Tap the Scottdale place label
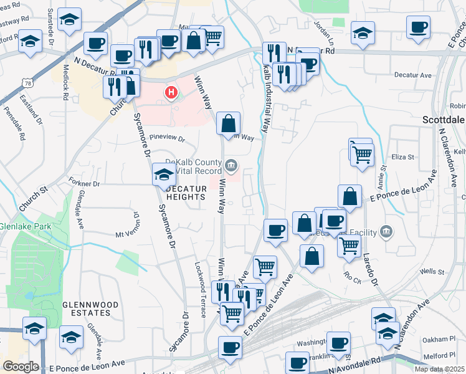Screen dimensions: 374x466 coord(444,119)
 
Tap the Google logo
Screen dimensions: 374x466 coord(21,367)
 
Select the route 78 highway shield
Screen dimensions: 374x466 coord(26,83)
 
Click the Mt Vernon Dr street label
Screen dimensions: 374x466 coord(129,235)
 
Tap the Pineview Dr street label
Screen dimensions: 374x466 coord(168,137)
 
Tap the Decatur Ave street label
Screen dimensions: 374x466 coord(417,75)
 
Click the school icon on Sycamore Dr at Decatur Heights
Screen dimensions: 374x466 coord(164,174)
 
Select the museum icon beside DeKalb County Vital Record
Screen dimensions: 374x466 coord(231,165)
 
